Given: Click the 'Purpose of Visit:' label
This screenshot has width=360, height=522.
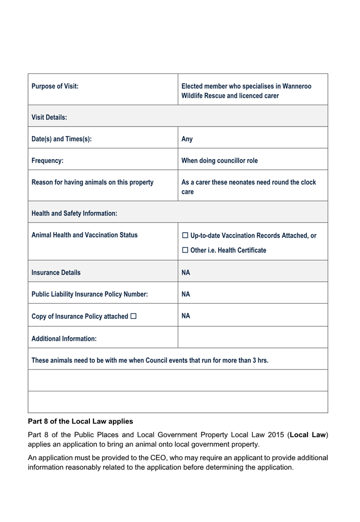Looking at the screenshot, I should pyautogui.click(x=55, y=86).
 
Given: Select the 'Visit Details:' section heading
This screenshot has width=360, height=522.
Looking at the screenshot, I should pyautogui.click(x=49, y=117).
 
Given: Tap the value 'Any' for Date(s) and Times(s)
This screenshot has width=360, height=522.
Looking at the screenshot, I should pyautogui.click(x=187, y=139).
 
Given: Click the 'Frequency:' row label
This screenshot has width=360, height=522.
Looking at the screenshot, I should pyautogui.click(x=47, y=161).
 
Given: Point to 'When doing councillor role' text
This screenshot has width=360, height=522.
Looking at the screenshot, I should pyautogui.click(x=220, y=161).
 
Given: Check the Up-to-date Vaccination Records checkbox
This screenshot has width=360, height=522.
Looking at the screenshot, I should pyautogui.click(x=185, y=236).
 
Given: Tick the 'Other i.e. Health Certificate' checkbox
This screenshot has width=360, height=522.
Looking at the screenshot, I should pyautogui.click(x=185, y=251).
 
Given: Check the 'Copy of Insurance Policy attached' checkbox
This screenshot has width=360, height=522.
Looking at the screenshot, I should pyautogui.click(x=134, y=316).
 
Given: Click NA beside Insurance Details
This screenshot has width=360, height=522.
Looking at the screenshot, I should pyautogui.click(x=186, y=272).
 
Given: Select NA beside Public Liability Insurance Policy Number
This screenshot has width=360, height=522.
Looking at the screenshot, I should pyautogui.click(x=186, y=294).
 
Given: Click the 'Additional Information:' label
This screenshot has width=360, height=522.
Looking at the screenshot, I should pyautogui.click(x=64, y=338).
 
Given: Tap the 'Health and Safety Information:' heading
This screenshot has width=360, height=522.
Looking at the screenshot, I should pyautogui.click(x=74, y=213).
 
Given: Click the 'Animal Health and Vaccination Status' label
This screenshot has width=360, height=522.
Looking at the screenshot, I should pyautogui.click(x=84, y=235).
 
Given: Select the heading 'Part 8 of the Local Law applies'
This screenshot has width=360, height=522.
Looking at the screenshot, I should pyautogui.click(x=80, y=421).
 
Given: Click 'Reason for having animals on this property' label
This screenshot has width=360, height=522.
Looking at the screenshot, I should pyautogui.click(x=92, y=182).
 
